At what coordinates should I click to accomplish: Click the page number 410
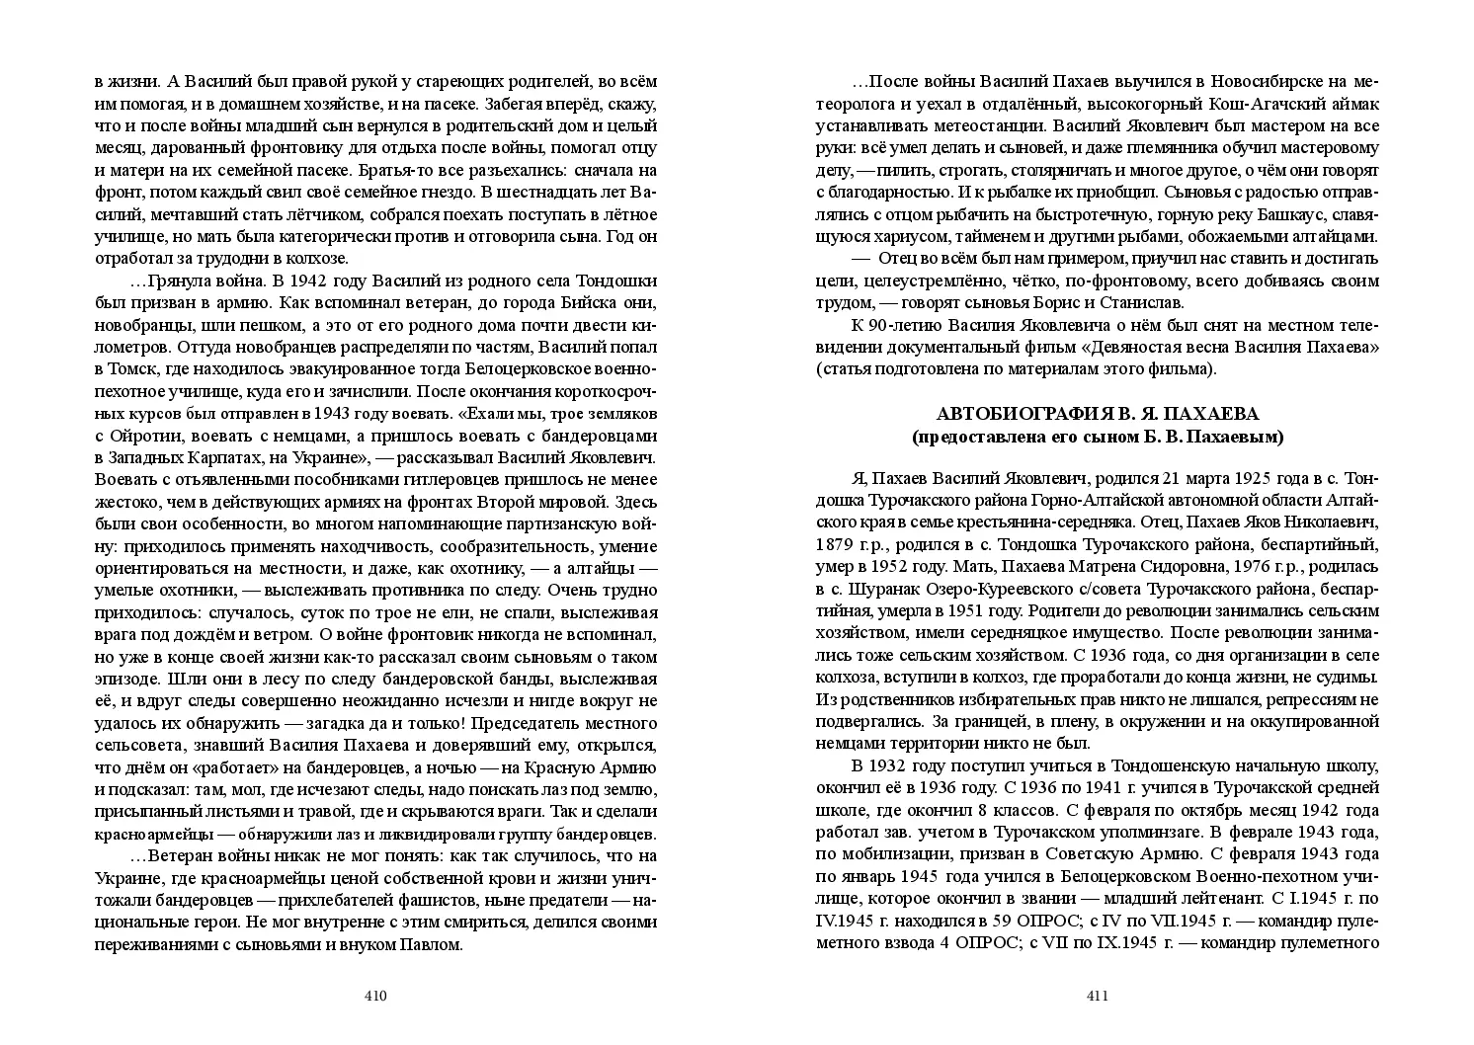tap(374, 996)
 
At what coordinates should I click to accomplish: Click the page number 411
tap(1098, 996)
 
